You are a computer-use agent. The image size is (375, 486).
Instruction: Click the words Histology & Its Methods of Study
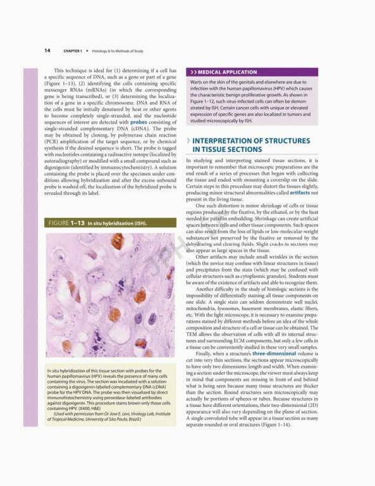[112, 50]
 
